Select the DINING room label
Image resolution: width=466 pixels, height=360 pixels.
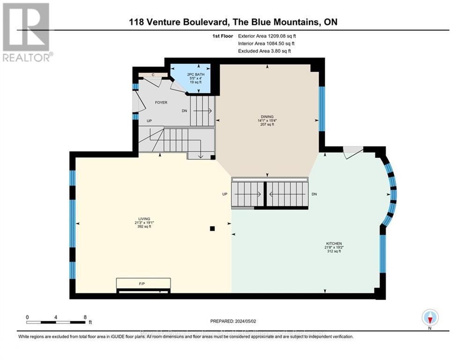[267, 117]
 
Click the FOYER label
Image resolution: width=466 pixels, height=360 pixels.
[161, 103]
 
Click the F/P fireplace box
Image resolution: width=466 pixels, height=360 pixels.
[143, 284]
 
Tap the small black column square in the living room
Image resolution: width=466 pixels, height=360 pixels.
[212, 229]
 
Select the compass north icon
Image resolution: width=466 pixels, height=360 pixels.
[429, 317]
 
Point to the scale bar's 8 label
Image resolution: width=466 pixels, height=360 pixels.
[84, 317]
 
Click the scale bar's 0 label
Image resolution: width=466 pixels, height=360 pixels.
[27, 317]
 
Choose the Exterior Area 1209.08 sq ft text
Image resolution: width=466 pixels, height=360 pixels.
[266, 36]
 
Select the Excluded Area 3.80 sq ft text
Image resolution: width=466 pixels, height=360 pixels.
[264, 51]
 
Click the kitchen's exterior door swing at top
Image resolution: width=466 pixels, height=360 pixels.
[352, 152]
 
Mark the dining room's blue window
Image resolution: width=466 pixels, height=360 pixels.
[321, 109]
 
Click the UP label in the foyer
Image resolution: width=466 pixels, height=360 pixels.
[149, 121]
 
